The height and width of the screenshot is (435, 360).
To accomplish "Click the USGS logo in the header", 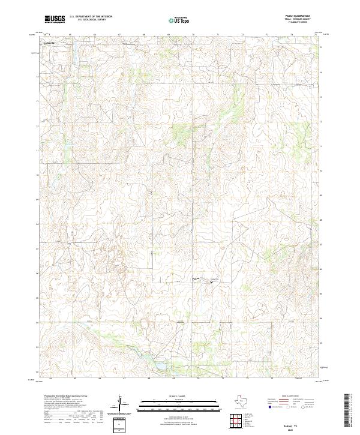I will [55, 19].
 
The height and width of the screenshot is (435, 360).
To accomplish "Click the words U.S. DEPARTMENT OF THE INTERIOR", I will [91, 17].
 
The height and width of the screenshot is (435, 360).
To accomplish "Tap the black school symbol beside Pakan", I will [211, 281].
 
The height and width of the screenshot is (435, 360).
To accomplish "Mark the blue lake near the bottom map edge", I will [160, 364].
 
